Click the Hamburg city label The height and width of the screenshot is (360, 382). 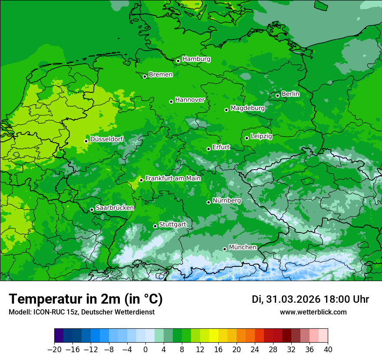196,59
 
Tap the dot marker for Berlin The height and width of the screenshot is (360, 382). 278,95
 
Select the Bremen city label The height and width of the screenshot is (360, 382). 161,75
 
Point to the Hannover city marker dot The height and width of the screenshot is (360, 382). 171,101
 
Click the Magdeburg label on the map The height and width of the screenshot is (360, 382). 247,108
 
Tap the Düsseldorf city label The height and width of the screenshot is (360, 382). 106,139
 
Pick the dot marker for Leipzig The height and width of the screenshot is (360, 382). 247,138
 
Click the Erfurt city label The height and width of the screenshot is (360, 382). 221,147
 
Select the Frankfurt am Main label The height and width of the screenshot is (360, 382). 173,178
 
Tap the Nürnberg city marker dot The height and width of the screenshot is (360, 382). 209,202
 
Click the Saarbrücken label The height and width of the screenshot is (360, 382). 115,208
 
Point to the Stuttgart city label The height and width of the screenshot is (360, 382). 172,225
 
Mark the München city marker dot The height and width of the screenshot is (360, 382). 225,249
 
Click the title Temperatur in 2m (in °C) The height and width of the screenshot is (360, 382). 86,299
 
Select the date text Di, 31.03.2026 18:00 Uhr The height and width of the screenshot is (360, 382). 310,300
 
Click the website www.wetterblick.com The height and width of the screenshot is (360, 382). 313,312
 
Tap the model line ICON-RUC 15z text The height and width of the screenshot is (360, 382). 81,312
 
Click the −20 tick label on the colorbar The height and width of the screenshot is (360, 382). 54,350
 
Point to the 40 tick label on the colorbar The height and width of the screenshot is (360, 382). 328,350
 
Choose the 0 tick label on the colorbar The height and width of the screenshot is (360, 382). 145,350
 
